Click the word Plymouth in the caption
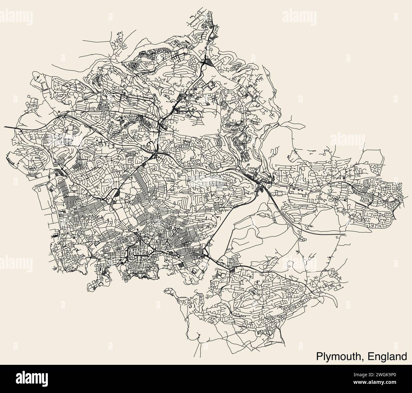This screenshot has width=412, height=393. [339, 356]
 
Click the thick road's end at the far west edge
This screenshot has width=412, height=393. [5, 127]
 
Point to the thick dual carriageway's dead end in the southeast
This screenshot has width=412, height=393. [345, 234]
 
